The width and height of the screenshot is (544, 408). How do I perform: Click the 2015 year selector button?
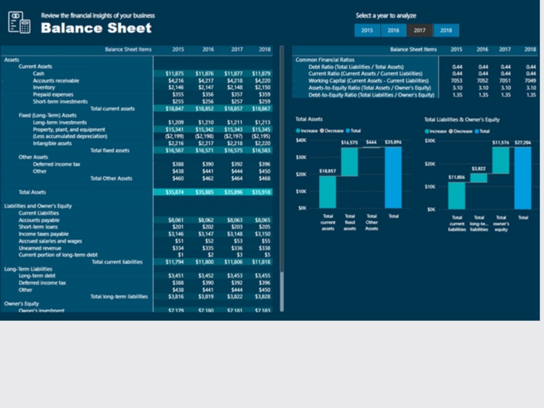pos(367,30)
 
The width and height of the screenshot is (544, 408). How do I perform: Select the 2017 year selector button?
pos(419,30)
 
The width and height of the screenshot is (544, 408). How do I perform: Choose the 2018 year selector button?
pos(446,30)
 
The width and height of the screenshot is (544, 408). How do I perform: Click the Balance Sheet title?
pos(96,28)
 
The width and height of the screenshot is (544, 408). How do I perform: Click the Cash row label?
pos(39,73)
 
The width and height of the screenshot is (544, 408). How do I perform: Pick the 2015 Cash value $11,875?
pos(175,73)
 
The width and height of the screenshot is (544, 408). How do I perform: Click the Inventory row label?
pos(44,87)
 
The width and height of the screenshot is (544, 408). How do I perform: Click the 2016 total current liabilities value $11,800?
pos(205,262)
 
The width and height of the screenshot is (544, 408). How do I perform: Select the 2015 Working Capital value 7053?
pos(456,81)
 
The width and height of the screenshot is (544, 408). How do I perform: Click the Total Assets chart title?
pos(309,119)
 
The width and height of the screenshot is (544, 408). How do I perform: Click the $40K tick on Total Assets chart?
pos(301,140)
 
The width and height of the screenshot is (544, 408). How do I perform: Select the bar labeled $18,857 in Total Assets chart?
pos(328,192)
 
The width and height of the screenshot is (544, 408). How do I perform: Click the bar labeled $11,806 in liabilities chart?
pos(457,195)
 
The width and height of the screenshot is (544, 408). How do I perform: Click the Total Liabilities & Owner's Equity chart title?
pos(462,120)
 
